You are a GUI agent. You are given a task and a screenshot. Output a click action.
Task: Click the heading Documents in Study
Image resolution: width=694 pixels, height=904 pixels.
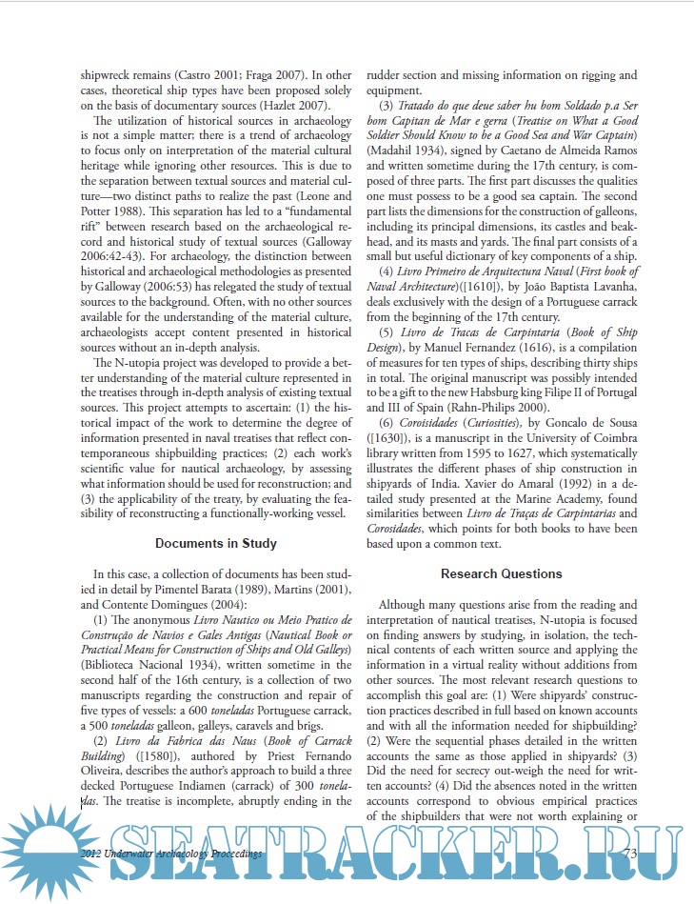pos(216,543)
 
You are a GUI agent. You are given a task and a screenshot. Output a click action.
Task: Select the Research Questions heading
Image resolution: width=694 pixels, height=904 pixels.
pos(502,573)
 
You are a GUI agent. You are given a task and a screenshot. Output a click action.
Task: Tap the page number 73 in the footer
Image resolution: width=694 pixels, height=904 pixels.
pos(628,854)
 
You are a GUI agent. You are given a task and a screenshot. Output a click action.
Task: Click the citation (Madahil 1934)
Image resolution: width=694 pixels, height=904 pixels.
pos(411,151)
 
